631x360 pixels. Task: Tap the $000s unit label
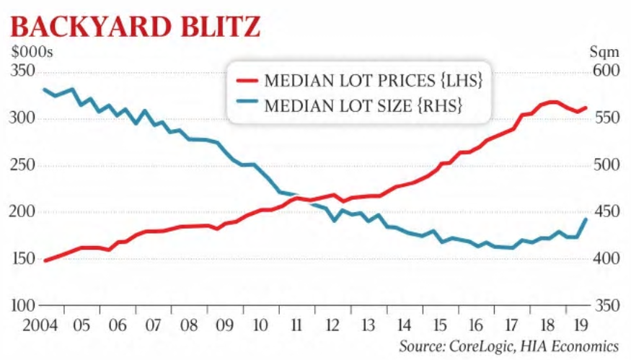[x=31, y=52]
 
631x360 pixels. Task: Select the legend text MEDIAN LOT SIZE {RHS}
[x=363, y=106]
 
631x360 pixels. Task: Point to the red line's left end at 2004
[x=45, y=260]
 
